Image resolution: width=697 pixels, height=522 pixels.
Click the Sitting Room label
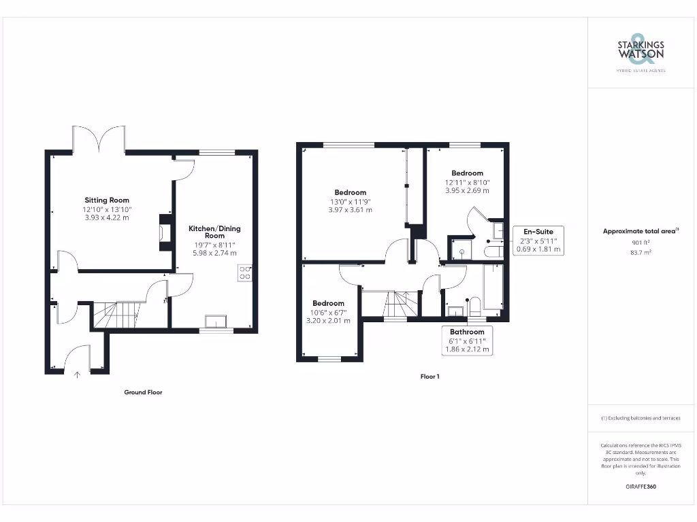107,201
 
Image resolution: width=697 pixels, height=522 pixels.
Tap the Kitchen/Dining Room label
214,232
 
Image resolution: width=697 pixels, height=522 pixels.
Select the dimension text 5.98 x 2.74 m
214,253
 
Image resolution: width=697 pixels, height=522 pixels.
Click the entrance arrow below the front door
76,373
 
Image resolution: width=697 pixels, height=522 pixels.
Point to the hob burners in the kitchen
245,273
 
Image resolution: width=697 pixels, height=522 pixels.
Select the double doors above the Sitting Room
99,138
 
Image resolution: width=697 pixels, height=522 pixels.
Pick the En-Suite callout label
538,232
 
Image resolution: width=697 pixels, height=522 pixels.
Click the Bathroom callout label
466,332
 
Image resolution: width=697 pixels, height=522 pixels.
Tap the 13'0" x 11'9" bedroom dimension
350,201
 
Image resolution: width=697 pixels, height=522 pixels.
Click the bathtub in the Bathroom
493,285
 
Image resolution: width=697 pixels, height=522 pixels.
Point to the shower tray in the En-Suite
461,247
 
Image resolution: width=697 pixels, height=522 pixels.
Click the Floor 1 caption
429,376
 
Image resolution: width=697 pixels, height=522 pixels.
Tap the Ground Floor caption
143,392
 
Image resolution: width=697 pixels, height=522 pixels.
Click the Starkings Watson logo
641,52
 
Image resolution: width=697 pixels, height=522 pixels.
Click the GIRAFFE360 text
641,487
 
